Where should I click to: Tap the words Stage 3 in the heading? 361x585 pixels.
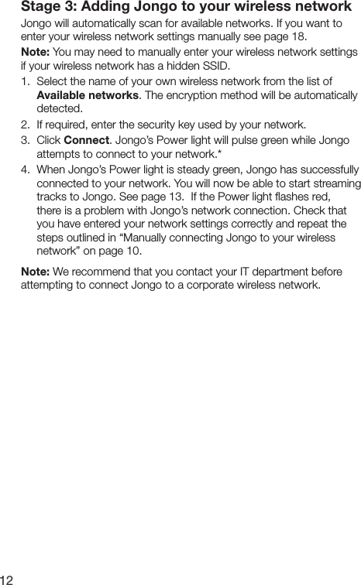(47, 8)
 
